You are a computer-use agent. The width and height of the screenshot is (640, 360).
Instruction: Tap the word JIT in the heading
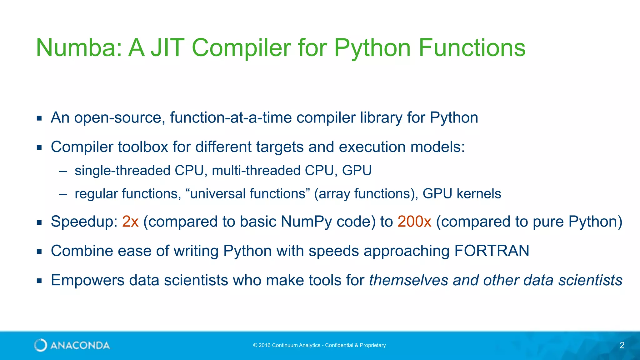(x=167, y=47)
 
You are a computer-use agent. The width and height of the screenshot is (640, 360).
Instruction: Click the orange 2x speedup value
(x=130, y=222)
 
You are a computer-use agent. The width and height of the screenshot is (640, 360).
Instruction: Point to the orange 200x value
(x=414, y=222)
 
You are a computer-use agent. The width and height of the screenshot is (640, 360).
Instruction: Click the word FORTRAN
(x=492, y=251)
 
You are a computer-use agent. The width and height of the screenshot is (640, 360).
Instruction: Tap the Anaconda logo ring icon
(x=41, y=345)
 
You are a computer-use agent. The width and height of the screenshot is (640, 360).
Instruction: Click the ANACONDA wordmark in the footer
(x=80, y=345)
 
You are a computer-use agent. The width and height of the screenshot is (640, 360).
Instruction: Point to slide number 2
(x=622, y=345)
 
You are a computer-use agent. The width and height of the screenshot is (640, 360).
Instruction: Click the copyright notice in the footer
(x=319, y=345)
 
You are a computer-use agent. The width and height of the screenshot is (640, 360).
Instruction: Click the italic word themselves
(x=408, y=280)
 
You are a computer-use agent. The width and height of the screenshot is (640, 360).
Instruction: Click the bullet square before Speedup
(x=39, y=222)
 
